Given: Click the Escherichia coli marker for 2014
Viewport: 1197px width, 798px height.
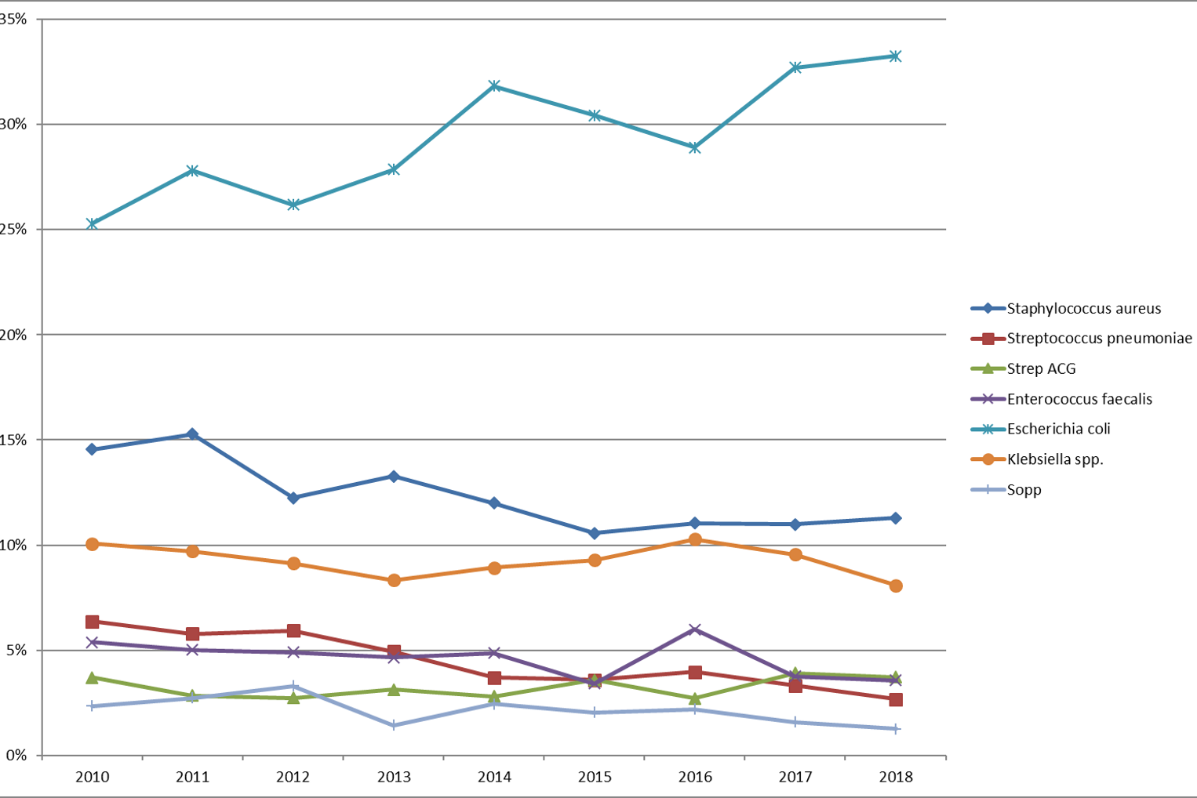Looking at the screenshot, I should (x=494, y=85).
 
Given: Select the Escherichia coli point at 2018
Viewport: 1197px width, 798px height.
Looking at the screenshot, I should (x=896, y=56).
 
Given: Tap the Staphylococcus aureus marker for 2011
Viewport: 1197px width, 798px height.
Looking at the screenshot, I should (x=192, y=434).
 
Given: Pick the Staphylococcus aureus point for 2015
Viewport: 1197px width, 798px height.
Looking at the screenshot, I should (x=595, y=533).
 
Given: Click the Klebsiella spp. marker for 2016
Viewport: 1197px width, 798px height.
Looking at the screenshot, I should (x=695, y=539).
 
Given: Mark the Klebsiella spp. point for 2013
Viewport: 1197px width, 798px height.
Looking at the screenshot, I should (x=394, y=580).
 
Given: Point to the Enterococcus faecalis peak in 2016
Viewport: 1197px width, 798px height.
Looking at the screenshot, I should (x=695, y=629).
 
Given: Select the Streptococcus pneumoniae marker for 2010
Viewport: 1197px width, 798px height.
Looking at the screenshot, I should (x=92, y=622).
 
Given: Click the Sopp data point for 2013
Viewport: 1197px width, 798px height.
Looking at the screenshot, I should (x=394, y=725).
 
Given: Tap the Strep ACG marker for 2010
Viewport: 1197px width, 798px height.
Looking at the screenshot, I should (x=92, y=677).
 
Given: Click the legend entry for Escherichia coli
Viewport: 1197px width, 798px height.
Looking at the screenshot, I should (x=1058, y=429).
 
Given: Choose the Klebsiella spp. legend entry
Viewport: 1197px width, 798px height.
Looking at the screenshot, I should (x=1054, y=459).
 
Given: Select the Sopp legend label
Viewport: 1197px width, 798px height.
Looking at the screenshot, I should (x=1024, y=490).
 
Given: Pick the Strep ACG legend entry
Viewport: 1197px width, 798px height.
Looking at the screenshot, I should (x=1041, y=368).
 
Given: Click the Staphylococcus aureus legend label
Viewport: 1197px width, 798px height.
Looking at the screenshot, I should (x=1083, y=308).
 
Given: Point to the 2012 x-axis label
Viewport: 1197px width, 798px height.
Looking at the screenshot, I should (x=293, y=777).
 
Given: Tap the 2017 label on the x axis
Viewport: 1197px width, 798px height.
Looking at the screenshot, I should (x=795, y=777).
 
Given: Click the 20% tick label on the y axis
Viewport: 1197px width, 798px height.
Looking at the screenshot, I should (x=13, y=335).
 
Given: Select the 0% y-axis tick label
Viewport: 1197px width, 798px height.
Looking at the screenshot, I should (x=16, y=756).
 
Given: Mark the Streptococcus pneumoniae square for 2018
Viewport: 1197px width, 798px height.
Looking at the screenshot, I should (x=896, y=699).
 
